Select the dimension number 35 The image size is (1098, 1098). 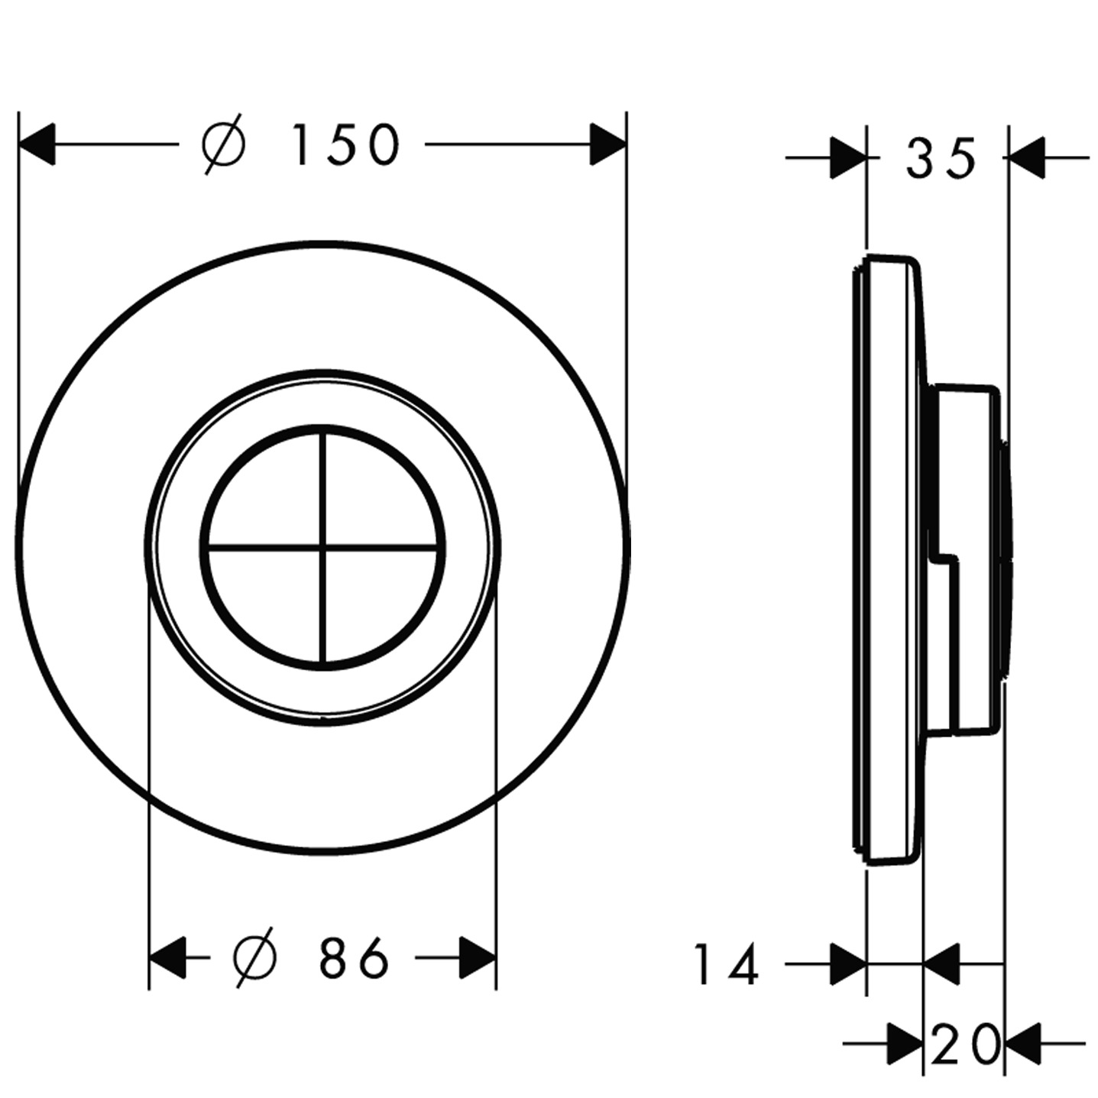click(940, 157)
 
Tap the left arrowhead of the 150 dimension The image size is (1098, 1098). click(37, 144)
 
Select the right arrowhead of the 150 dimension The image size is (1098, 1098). click(608, 144)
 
